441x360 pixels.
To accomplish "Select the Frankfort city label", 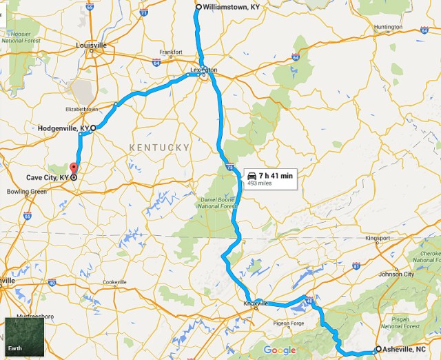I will [171, 52].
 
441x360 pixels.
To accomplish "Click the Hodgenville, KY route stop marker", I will [92, 128].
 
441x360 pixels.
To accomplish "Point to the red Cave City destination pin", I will [74, 172].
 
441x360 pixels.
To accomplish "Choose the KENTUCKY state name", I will [159, 148].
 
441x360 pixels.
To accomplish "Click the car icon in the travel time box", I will [252, 176].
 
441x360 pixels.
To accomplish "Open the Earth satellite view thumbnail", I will [24, 336].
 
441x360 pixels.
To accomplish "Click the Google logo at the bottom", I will [280, 350].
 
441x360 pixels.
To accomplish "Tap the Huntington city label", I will [388, 27].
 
